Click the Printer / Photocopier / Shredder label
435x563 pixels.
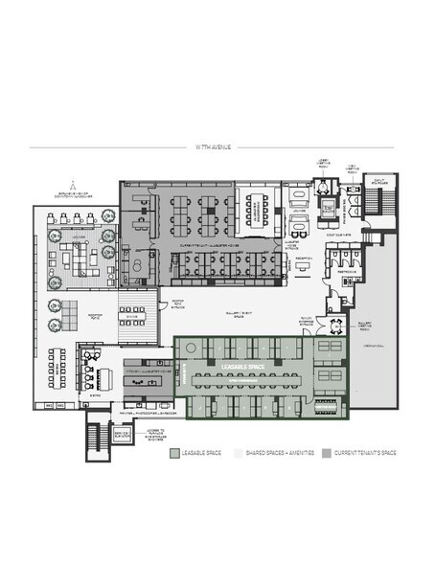146,416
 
